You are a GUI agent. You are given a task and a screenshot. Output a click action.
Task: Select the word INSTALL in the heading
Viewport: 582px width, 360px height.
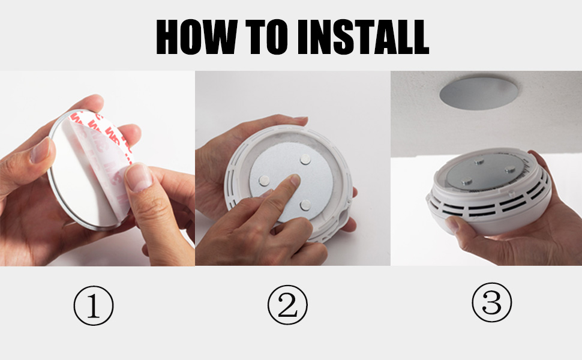[362, 37]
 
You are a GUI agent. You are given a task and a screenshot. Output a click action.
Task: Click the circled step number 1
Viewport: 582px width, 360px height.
[93, 306]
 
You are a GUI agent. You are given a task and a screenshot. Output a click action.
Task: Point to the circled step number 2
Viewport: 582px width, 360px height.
[287, 306]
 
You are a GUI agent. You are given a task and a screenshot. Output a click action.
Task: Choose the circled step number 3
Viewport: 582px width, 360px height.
[491, 302]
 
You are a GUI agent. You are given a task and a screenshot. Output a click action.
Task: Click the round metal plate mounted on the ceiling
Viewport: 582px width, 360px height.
[480, 94]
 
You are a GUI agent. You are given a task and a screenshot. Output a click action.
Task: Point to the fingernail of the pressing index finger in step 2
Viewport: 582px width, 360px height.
[293, 179]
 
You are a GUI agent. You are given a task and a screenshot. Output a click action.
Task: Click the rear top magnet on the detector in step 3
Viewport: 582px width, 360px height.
[481, 162]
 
